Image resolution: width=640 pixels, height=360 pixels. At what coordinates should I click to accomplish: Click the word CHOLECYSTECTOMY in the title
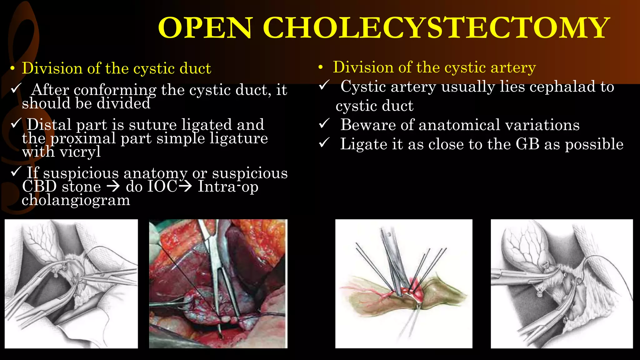(x=436, y=28)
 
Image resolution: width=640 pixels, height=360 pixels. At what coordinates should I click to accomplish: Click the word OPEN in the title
(x=205, y=28)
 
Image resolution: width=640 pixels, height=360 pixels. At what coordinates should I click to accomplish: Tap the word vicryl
(x=80, y=152)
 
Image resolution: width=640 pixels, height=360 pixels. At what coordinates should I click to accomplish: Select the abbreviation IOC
(x=162, y=187)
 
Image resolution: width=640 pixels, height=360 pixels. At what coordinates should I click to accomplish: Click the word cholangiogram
(x=76, y=200)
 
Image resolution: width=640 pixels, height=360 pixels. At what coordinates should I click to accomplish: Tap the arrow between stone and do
(x=113, y=187)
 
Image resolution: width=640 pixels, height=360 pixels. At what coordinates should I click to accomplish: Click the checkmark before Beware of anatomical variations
(x=324, y=124)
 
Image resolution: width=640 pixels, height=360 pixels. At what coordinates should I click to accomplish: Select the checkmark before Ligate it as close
(x=324, y=143)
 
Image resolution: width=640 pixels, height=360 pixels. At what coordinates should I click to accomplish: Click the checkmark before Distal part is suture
(x=16, y=123)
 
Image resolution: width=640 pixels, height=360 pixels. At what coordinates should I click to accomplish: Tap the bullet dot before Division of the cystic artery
(x=320, y=68)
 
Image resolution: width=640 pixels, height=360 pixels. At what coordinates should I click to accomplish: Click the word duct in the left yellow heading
(x=195, y=68)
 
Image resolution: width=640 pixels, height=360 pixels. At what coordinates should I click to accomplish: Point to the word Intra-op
(x=228, y=187)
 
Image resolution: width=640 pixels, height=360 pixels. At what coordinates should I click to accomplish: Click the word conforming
(x=115, y=90)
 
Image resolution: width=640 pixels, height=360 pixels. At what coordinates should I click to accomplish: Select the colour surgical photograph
(x=218, y=283)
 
